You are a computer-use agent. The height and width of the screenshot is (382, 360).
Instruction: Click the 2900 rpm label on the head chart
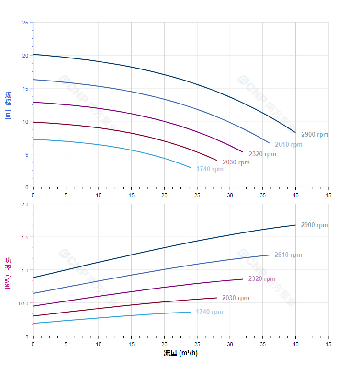click(x=315, y=135)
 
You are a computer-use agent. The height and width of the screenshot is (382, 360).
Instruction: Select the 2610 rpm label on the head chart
click(x=288, y=145)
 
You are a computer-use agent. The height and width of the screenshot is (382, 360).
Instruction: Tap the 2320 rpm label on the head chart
click(x=262, y=154)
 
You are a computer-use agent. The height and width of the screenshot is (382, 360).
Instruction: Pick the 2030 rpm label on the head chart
click(x=236, y=162)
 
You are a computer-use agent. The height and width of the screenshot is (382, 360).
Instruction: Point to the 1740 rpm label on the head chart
click(x=209, y=169)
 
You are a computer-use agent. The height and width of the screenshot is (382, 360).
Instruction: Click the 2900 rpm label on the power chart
click(x=314, y=225)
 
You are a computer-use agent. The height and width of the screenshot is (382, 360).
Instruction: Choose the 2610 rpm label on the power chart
click(x=288, y=255)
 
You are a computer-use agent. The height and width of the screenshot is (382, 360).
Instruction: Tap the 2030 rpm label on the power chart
click(x=236, y=298)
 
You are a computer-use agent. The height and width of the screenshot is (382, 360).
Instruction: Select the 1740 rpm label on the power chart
click(x=209, y=312)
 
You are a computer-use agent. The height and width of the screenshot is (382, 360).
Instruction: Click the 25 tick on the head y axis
click(x=25, y=23)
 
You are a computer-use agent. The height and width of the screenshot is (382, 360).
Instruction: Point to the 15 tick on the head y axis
click(x=25, y=88)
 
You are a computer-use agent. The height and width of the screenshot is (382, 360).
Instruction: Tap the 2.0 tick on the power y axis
click(x=25, y=204)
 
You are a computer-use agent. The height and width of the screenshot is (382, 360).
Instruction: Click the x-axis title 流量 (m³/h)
click(x=180, y=353)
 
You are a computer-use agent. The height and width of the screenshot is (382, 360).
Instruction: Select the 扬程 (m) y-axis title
click(x=8, y=105)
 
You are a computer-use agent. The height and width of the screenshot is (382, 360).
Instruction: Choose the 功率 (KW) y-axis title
click(x=8, y=273)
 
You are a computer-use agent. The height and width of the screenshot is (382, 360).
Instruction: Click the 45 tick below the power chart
click(x=328, y=344)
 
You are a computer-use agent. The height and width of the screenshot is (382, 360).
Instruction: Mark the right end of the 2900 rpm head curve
click(x=295, y=132)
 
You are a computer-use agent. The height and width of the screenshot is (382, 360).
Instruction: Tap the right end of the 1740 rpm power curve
click(x=190, y=312)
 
